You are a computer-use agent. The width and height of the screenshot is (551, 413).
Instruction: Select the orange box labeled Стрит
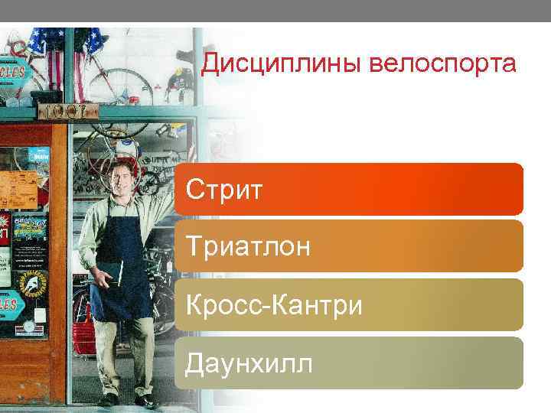tap(349, 188)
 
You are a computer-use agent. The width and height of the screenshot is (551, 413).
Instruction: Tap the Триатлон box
tap(349, 246)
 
